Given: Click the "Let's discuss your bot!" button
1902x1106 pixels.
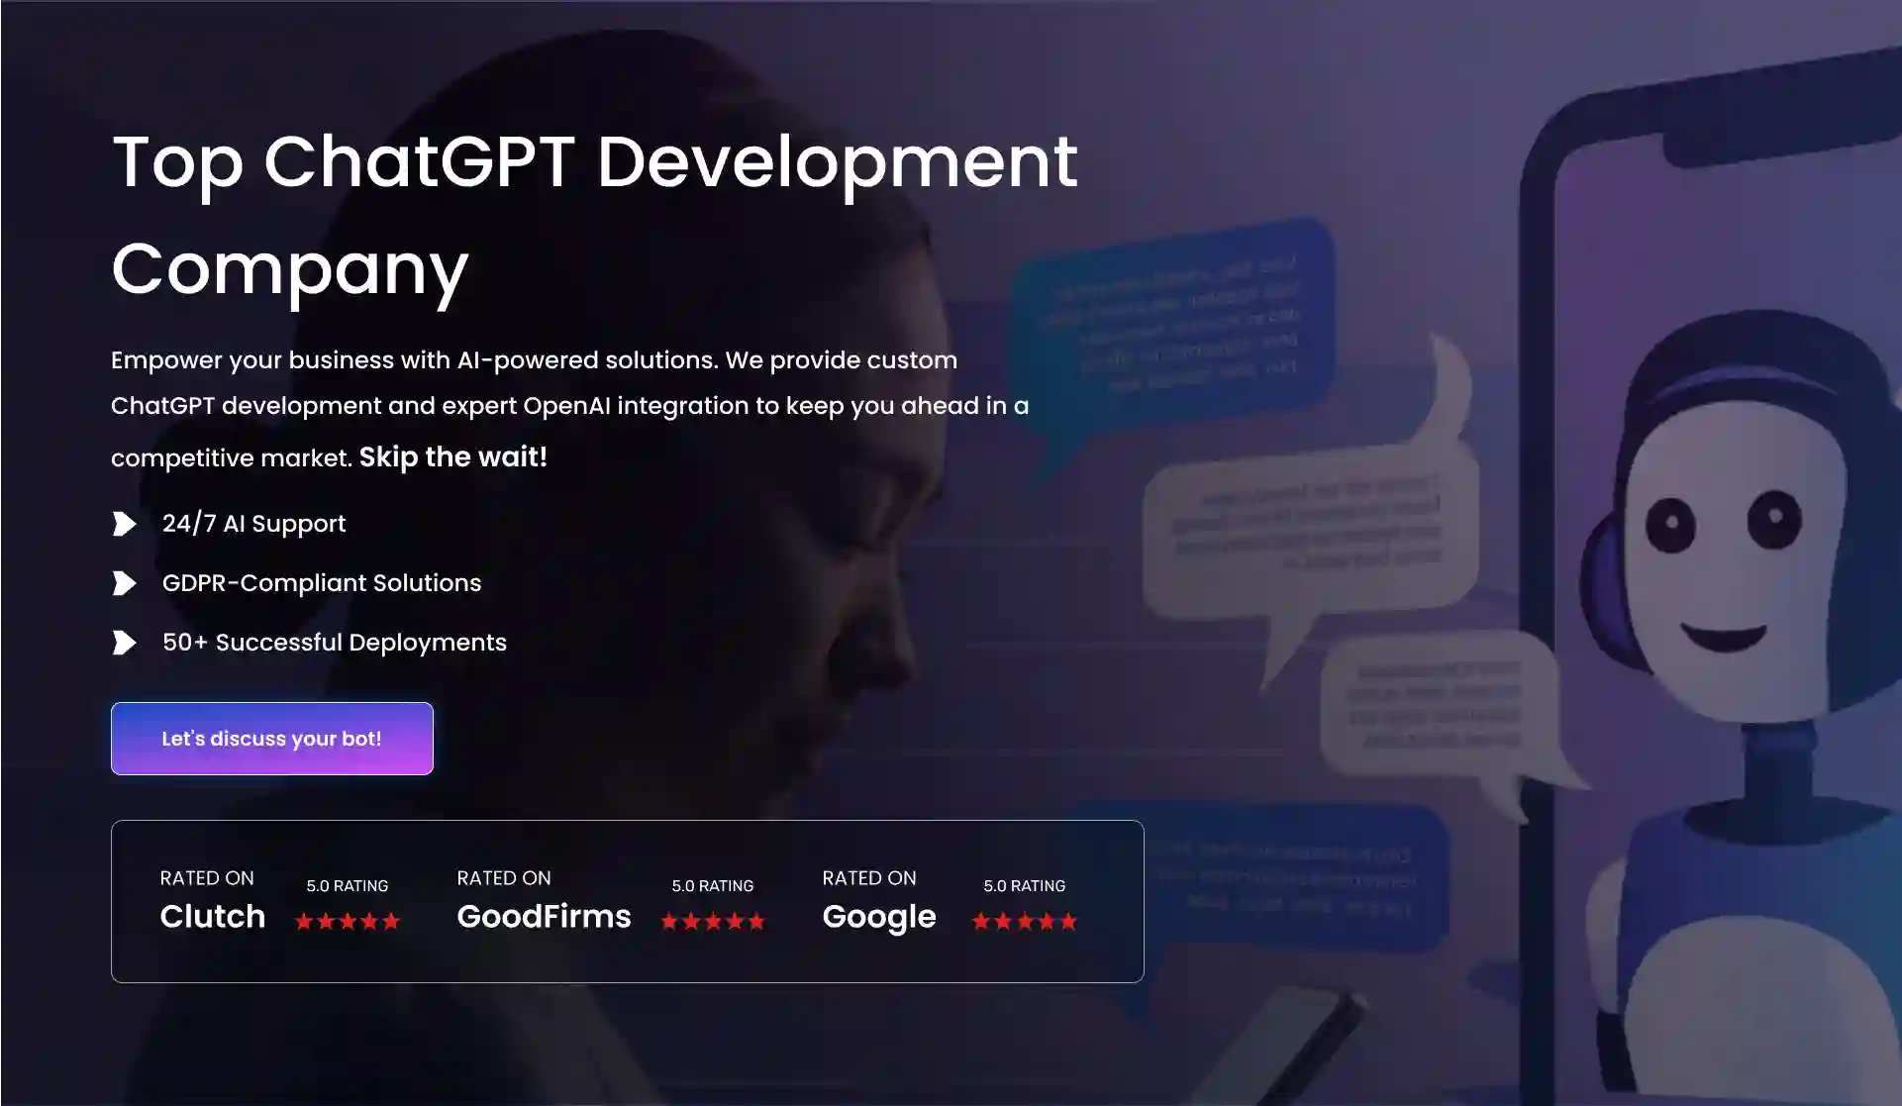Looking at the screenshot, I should tap(271, 739).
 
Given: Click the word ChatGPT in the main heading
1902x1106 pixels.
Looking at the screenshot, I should tap(419, 161).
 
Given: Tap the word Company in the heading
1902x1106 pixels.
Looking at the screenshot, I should tap(289, 268).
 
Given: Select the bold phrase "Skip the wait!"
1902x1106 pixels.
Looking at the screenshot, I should tap(452, 456).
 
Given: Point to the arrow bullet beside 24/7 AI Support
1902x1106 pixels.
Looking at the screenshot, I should tap(125, 523).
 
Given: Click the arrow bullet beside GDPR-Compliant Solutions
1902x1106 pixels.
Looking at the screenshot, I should tap(125, 583).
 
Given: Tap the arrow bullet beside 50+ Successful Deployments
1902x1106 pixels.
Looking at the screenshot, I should tap(125, 643).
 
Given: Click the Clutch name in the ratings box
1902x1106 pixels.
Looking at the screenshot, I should tap(213, 916).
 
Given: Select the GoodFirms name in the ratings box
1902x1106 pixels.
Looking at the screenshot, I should tap(544, 916).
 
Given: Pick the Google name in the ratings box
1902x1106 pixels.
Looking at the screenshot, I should tap(879, 916).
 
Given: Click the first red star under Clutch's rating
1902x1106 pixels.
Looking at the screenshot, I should tap(304, 922).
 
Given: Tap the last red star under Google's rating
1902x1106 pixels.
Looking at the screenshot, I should tap(1068, 922).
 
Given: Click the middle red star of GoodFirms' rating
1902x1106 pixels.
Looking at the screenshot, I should tap(713, 922).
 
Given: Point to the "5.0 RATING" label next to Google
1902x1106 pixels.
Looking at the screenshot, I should tap(1024, 886).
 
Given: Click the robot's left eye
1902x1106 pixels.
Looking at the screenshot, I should tap(1670, 523).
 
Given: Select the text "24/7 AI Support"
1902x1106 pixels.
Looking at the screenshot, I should tap(253, 523).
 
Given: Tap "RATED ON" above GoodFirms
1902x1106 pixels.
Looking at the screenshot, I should tap(503, 878).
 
